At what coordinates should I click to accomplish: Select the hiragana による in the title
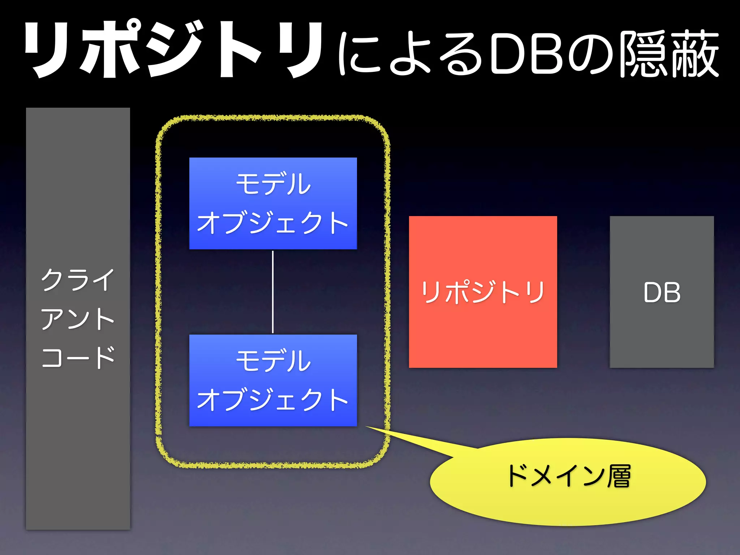[x=410, y=54]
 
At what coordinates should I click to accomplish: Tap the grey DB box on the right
[x=662, y=336]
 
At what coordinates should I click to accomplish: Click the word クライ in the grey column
[x=78, y=280]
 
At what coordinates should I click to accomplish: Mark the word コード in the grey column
[x=78, y=358]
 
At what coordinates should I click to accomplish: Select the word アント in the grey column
[x=78, y=319]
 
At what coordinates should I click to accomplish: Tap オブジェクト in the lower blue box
[x=273, y=400]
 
